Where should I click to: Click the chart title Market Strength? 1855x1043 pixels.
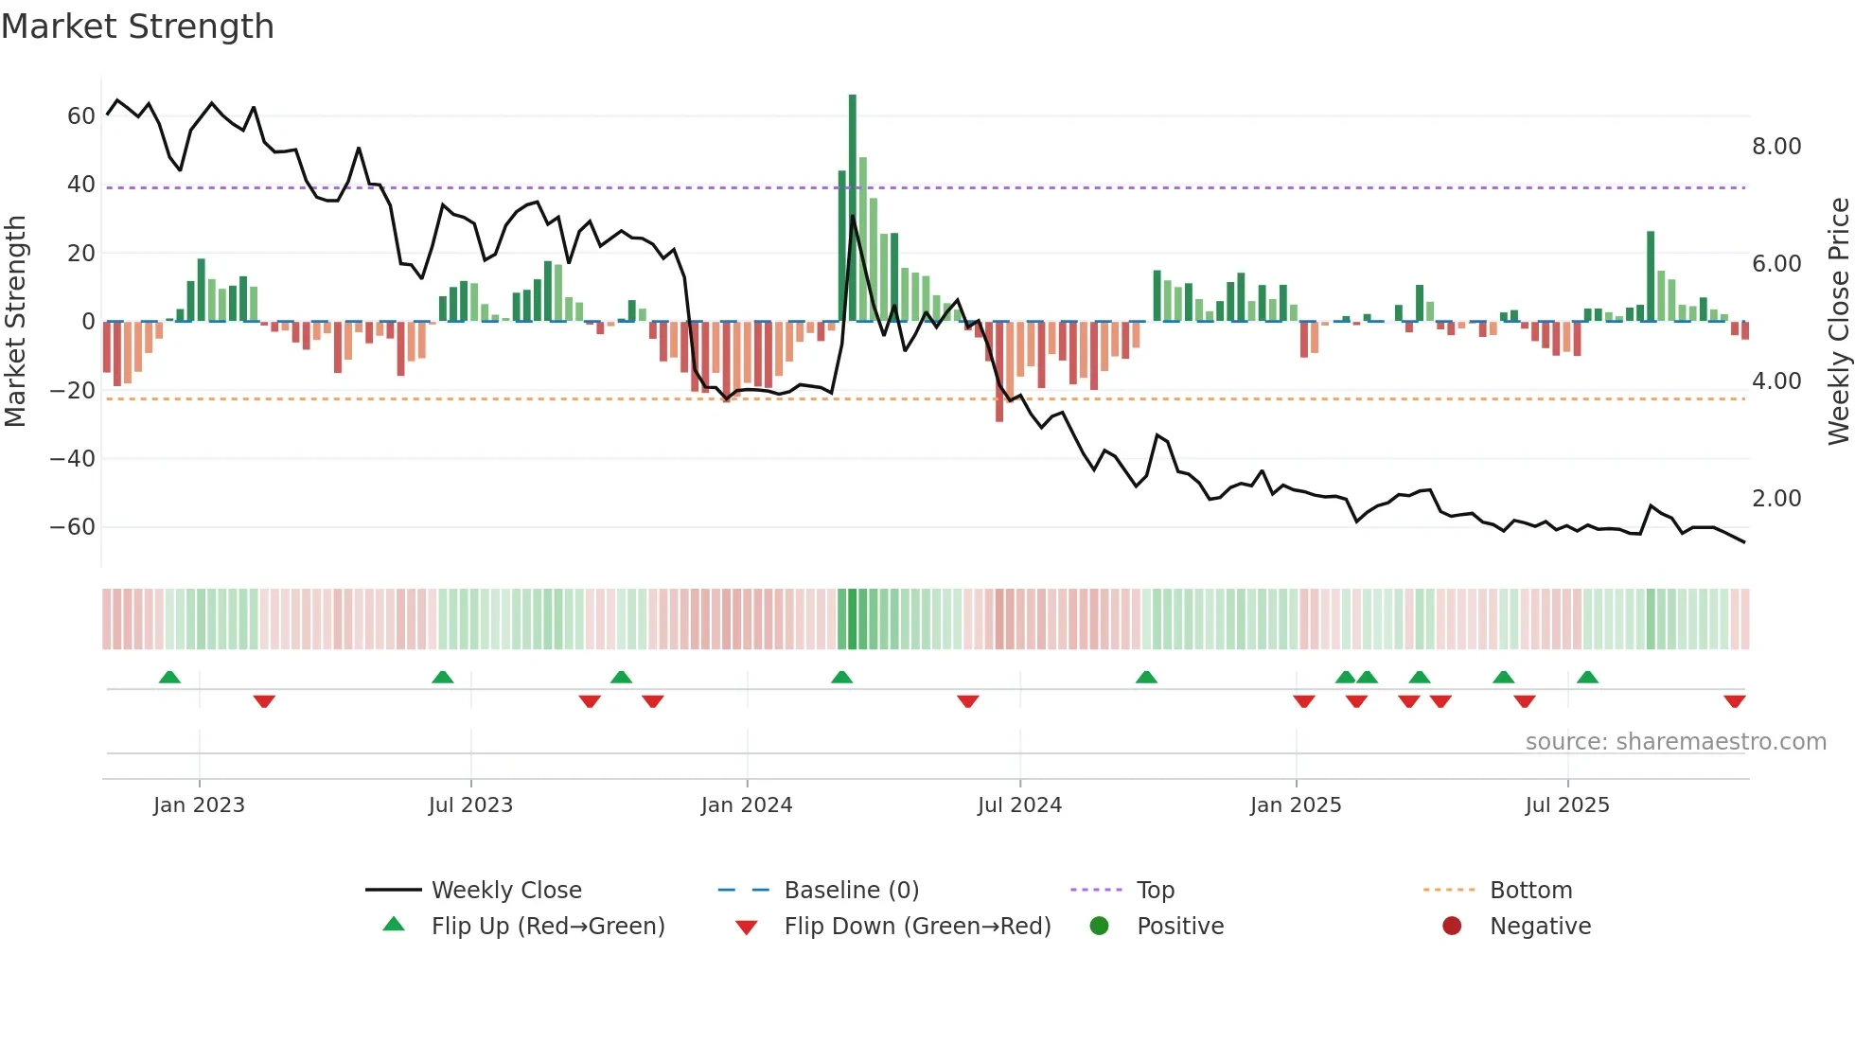pos(137,27)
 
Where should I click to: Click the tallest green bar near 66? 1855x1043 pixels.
pos(853,208)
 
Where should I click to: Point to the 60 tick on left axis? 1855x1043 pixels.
pos(81,116)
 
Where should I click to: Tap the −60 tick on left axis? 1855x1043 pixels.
pos(73,527)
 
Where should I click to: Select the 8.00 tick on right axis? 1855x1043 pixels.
pos(1776,147)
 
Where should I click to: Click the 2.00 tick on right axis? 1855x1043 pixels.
pos(1776,499)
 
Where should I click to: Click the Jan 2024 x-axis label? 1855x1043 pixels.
pos(747,805)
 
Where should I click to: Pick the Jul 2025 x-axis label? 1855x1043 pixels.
pos(1567,805)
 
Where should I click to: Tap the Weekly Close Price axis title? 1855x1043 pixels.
pos(1838,322)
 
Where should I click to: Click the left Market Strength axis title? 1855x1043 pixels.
pos(15,322)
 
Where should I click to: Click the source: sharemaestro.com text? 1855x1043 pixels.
pos(1675,742)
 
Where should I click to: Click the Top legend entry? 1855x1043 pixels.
pos(1155,891)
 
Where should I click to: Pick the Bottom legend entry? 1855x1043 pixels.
pos(1530,891)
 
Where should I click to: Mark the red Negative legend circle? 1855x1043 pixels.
pos(1452,927)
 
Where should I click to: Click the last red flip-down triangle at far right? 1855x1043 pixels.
pos(1735,701)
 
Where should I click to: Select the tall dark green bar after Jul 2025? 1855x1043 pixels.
pos(1651,276)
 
